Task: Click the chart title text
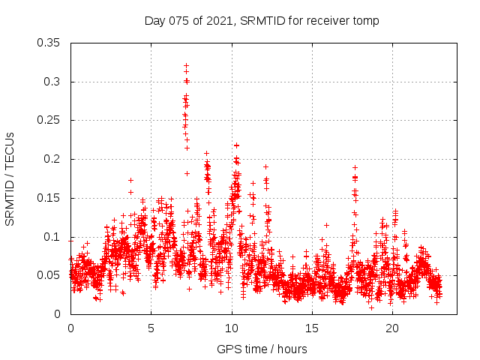(x=262, y=20)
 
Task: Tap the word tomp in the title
(x=367, y=20)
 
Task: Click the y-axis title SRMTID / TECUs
(x=10, y=178)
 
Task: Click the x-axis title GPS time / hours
(x=262, y=349)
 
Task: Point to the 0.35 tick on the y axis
(x=49, y=43)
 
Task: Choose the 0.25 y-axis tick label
(x=49, y=120)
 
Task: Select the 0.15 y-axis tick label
(x=49, y=198)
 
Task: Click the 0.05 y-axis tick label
(x=49, y=275)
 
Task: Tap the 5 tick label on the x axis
(x=151, y=328)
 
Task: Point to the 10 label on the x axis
(x=232, y=328)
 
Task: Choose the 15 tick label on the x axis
(x=312, y=328)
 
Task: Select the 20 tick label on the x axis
(x=392, y=328)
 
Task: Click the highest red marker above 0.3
(x=186, y=65)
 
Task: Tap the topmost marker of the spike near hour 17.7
(x=355, y=167)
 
